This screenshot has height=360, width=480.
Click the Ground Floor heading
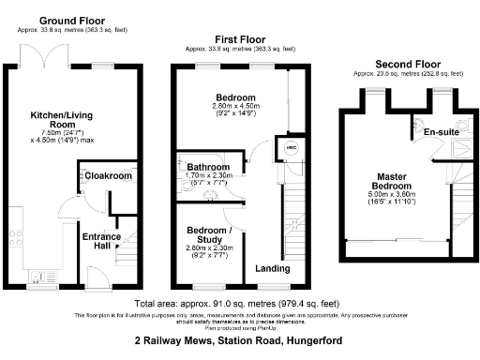(70, 20)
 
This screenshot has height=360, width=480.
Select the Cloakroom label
(109, 176)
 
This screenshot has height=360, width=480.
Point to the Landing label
(273, 270)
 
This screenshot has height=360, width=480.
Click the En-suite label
(441, 133)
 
